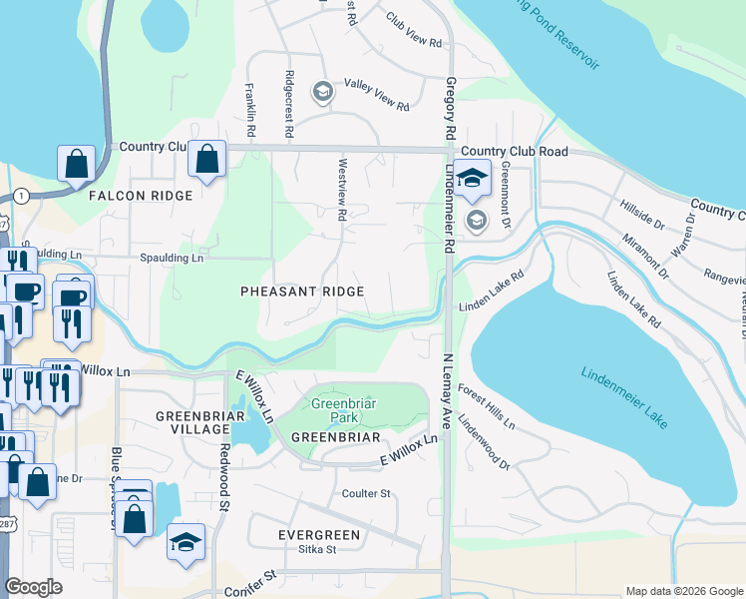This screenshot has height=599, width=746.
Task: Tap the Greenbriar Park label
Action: pos(342,411)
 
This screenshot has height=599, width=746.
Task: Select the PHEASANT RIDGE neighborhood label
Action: pos(301,291)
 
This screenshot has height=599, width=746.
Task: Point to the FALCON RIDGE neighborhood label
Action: pos(140,196)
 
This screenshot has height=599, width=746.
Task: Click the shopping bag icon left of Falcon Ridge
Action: pos(77,164)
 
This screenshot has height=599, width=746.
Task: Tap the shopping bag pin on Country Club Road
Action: pos(206,160)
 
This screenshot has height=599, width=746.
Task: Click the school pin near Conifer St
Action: pos(186,542)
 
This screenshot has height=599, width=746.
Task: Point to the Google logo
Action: pos(33,587)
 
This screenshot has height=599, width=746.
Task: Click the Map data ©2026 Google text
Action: pos(683,591)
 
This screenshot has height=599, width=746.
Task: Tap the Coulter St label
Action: pos(366,493)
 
